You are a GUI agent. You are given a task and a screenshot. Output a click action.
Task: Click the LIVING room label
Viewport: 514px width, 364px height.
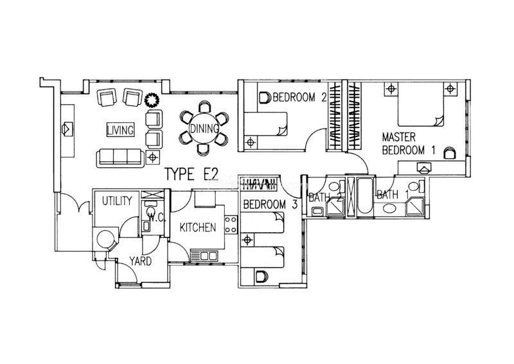120,130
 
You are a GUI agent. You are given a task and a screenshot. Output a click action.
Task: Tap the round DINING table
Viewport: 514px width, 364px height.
204,129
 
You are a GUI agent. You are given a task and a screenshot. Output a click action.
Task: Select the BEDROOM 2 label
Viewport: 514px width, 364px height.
299,97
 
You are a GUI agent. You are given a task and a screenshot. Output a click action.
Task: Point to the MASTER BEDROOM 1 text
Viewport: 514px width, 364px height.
409,143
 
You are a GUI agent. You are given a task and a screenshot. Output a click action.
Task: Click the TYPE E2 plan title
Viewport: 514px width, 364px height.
191,174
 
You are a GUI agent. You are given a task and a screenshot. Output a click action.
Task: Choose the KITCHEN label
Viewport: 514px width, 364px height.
198,227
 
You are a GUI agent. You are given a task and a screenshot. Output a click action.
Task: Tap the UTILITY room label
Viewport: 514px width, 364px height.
117,201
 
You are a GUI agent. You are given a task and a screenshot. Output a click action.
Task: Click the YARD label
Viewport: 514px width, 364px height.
140,261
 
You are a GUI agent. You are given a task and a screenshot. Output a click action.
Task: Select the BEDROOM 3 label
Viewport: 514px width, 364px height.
270,205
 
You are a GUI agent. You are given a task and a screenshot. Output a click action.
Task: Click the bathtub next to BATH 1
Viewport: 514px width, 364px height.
365,197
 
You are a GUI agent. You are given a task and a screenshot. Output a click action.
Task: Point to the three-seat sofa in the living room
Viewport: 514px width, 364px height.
120,158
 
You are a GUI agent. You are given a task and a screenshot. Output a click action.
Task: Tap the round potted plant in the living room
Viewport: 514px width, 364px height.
152,100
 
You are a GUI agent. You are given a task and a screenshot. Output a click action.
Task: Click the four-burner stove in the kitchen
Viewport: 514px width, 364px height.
231,224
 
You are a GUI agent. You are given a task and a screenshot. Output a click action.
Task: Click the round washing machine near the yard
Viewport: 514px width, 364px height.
105,239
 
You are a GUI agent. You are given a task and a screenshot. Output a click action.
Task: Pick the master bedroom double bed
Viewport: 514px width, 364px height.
421,104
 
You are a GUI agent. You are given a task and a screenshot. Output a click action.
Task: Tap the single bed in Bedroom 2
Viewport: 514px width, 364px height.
266,124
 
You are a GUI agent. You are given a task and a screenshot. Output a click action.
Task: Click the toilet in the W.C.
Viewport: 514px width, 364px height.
151,211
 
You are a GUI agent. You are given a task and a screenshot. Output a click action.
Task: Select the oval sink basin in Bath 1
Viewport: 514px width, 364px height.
389,209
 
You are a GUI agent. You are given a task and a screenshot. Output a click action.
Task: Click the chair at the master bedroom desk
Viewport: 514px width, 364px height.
450,153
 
